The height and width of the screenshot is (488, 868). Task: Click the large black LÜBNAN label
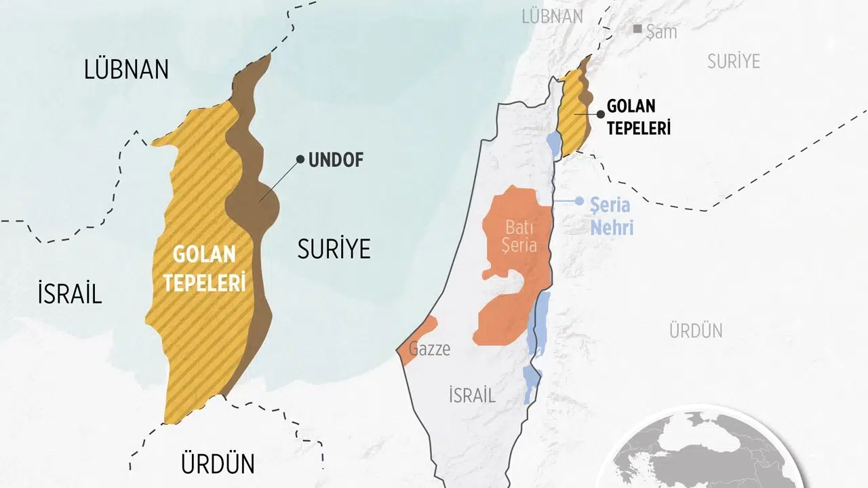[x=126, y=70]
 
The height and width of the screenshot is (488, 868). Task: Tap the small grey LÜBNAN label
[x=552, y=16]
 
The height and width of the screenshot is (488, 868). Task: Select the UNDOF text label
[x=336, y=160]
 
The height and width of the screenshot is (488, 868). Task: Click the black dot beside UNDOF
[x=300, y=160]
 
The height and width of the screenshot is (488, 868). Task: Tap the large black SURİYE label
[x=334, y=249]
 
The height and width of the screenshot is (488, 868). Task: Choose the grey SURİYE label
[x=734, y=61]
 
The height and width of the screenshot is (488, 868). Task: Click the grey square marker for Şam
[x=637, y=29]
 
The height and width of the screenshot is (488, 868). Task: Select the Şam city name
[x=662, y=31]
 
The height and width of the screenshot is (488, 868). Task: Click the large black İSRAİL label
[x=69, y=293]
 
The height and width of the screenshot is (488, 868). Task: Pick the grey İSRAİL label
[x=472, y=395]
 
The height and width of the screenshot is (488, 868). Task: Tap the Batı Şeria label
[x=519, y=236]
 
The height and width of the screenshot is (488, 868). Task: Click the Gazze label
[x=429, y=350]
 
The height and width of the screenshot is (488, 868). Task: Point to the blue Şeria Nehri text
[x=611, y=216]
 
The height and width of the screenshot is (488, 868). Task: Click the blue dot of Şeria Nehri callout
[x=579, y=201]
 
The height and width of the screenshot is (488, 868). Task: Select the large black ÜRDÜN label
[x=218, y=464]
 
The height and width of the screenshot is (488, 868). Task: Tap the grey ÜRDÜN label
[x=696, y=331]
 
